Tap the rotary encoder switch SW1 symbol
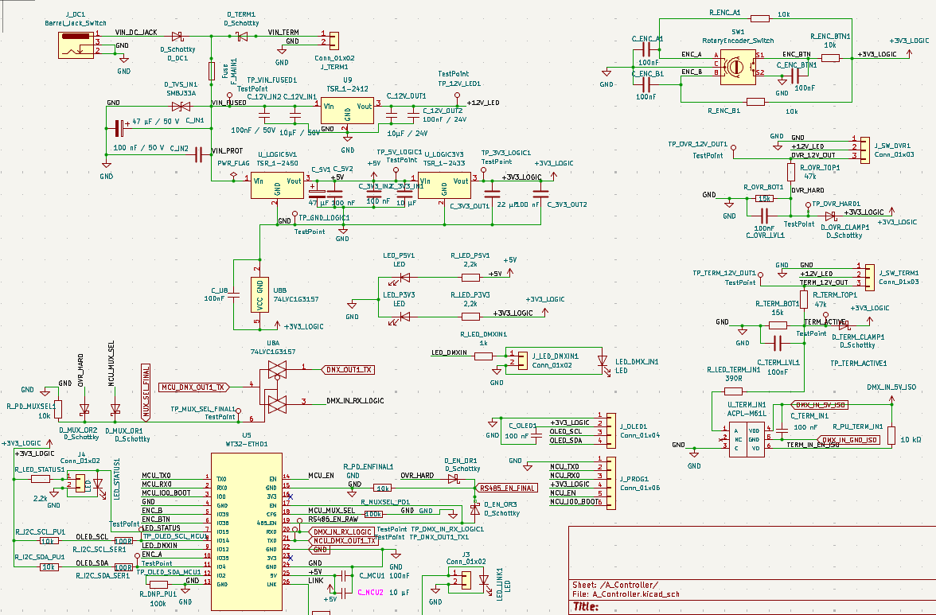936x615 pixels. pos(738,65)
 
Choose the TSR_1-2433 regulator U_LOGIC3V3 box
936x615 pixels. pos(444,186)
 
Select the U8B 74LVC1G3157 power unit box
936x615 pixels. pos(259,295)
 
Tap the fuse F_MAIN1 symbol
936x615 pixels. pos(212,71)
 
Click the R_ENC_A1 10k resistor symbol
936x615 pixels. pos(759,18)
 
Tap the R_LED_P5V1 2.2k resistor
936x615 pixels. pos(470,277)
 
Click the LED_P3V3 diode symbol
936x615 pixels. pos(404,317)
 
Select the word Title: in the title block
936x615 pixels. pos(587,607)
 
